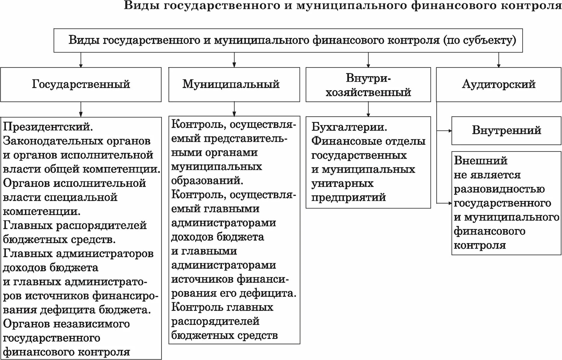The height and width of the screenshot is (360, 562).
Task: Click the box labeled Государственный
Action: coord(81,84)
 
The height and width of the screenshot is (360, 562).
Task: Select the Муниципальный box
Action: coord(234,84)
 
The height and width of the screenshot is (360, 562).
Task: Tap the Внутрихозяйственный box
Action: coord(368,85)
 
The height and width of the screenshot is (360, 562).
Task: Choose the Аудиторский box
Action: coord(499,84)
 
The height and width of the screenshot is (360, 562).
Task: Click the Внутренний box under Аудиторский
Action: coord(506,130)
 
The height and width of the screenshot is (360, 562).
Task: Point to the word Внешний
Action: coord(481,161)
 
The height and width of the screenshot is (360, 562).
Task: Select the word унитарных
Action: coord(342,184)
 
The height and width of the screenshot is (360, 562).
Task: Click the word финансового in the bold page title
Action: coord(454,5)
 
